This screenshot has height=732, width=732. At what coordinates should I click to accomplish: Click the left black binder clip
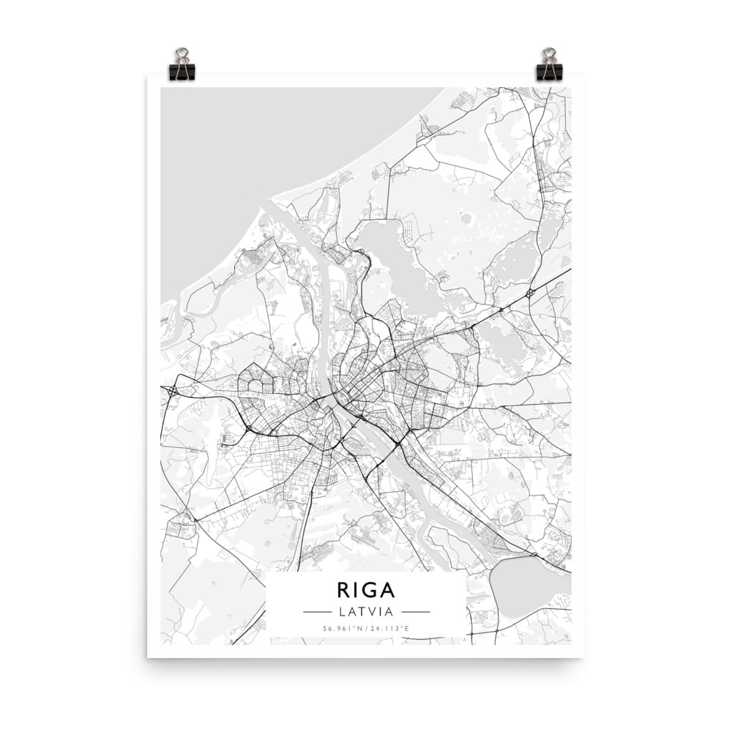click(182, 68)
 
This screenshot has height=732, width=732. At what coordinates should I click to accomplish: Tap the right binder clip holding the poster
click(549, 68)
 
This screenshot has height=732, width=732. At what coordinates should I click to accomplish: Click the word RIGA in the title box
click(366, 590)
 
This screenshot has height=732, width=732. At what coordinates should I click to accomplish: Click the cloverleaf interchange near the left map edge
click(173, 392)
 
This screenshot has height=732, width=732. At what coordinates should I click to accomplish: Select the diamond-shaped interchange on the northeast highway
click(529, 293)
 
